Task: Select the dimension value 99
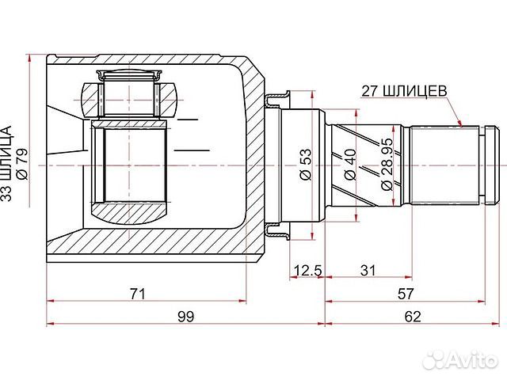pos(185,317)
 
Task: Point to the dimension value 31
pos(367,271)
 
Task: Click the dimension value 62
pos(412,317)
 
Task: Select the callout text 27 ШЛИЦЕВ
pos(404,90)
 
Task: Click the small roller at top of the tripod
pos(129,77)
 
